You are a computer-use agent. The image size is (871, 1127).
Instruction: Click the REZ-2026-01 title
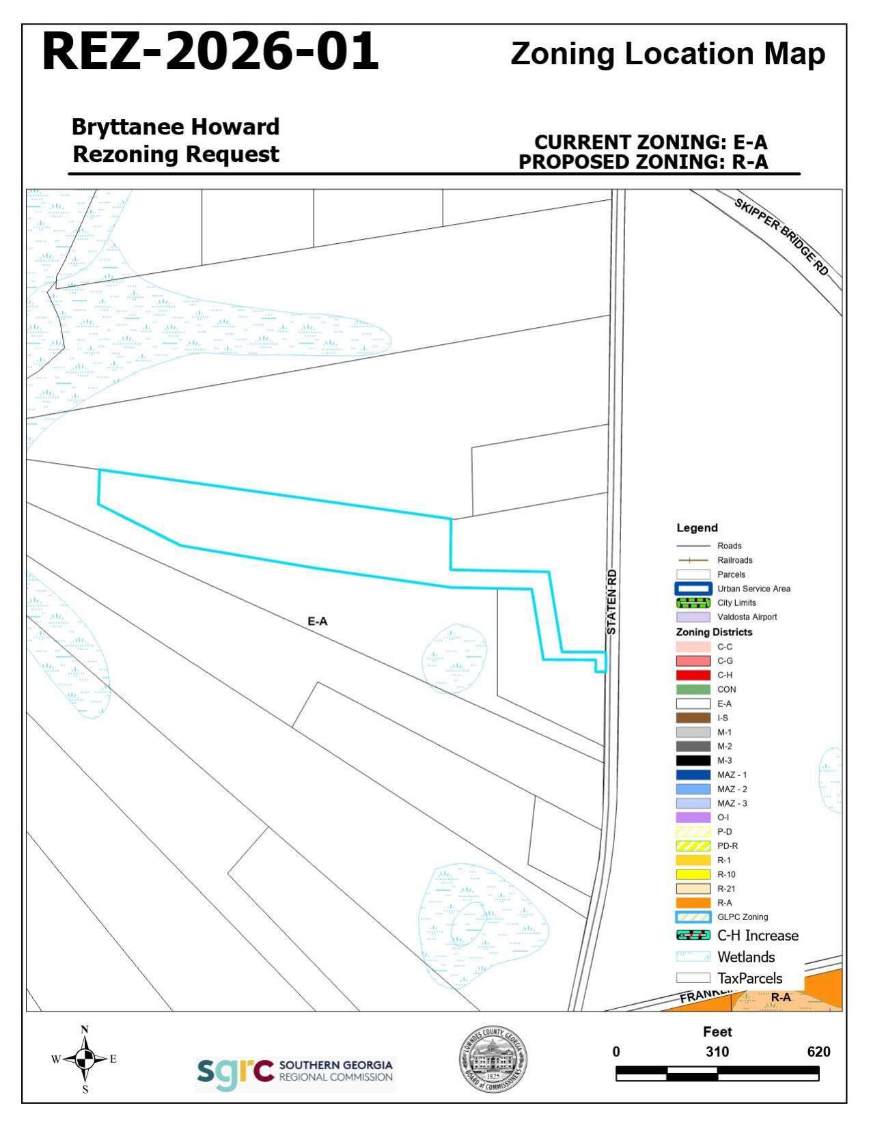pos(210,52)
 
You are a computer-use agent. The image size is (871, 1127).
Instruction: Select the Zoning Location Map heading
pos(667,54)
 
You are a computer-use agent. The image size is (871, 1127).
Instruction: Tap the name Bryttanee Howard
pos(176,127)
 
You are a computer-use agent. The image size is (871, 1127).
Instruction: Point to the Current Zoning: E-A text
pos(650,142)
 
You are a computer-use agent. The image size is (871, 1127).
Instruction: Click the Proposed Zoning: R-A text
pos(643,162)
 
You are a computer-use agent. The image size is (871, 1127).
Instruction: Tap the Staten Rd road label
pos(611,602)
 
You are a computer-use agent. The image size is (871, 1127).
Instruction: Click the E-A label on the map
pos(318,622)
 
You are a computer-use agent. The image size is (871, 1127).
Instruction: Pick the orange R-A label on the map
pos(781,997)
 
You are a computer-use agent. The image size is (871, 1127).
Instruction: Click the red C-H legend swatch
pos(693,675)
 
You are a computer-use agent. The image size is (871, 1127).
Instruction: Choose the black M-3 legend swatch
pos(693,760)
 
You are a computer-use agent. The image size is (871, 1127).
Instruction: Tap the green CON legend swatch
pos(693,689)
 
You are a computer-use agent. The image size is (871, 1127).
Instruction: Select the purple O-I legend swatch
pos(693,818)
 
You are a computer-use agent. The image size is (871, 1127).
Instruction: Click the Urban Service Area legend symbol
pos(693,589)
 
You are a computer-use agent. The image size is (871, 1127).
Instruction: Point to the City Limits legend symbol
pos(693,603)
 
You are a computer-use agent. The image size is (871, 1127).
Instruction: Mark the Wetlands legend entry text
pos(746,957)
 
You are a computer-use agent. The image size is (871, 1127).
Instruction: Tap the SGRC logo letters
pos(235,1074)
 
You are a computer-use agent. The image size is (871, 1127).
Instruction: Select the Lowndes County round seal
pos(493,1059)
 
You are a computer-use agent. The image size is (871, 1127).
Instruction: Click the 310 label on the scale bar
pos(717,1052)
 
